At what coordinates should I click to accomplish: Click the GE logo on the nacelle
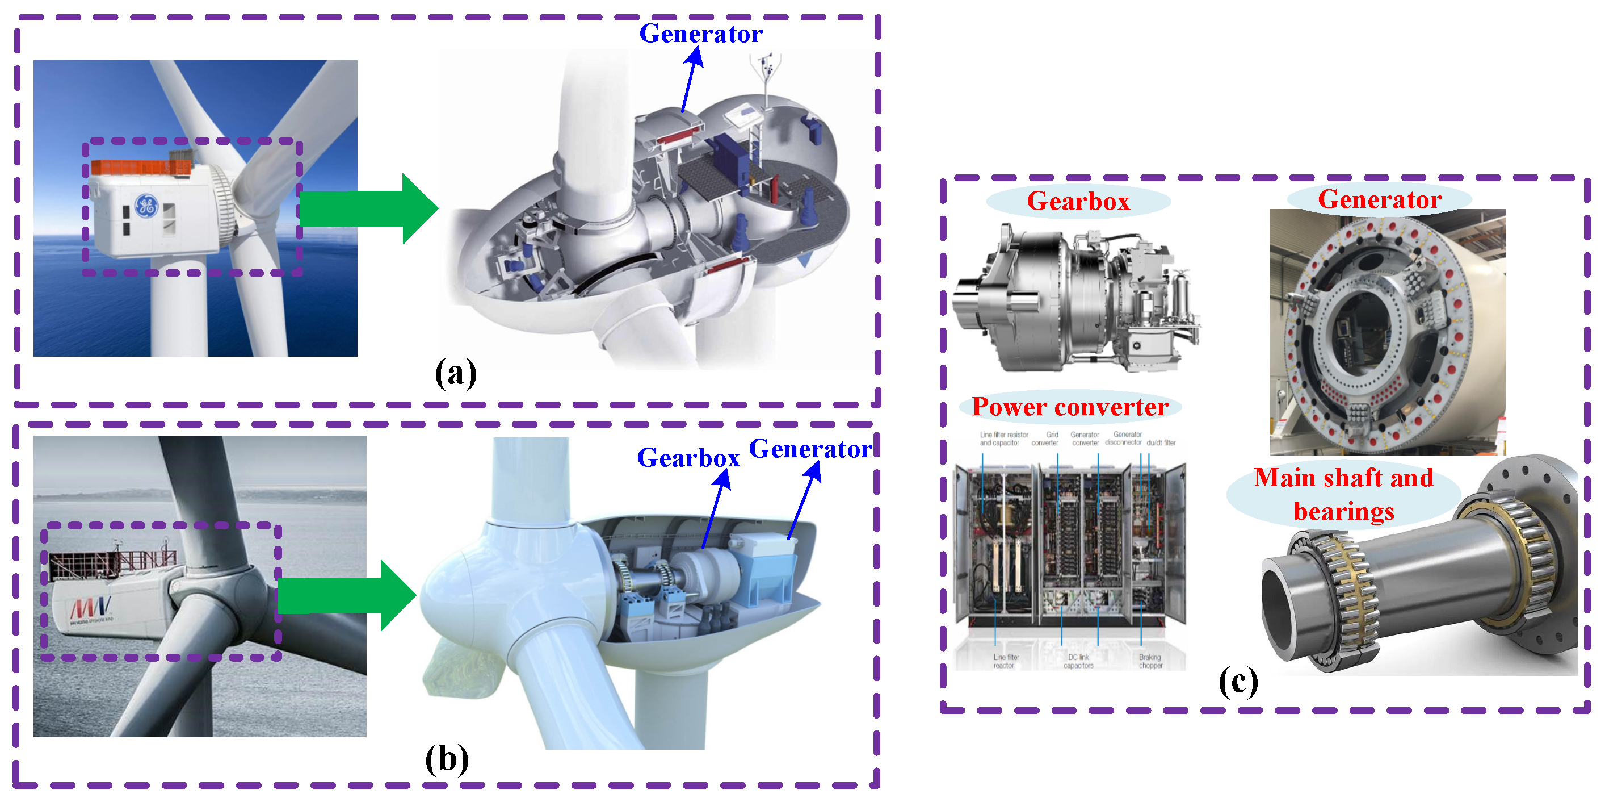click(x=146, y=205)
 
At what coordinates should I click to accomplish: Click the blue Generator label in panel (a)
click(x=700, y=34)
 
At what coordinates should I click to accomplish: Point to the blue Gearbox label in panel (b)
click(x=688, y=458)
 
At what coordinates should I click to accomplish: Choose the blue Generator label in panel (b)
click(x=810, y=449)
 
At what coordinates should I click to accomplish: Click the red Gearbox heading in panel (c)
click(x=1078, y=201)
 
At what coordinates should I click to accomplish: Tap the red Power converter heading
click(x=1070, y=407)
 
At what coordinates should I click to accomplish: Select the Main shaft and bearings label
click(x=1344, y=494)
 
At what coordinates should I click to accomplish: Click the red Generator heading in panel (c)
click(x=1380, y=199)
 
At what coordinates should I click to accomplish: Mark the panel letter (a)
click(x=456, y=373)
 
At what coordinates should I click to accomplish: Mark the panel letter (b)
click(x=447, y=759)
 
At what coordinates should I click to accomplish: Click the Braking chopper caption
click(x=1150, y=661)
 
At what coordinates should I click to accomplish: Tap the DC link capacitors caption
click(x=1078, y=661)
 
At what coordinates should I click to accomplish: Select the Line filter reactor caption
click(x=1005, y=661)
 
